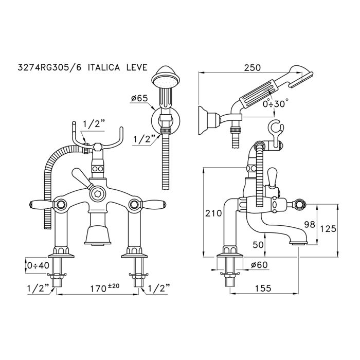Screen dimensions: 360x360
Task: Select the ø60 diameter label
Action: tap(260, 265)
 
